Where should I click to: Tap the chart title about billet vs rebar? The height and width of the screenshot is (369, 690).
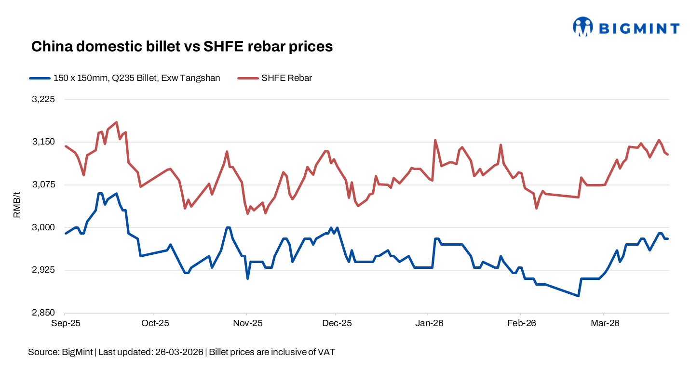point(182,47)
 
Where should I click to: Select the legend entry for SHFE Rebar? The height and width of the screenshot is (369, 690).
point(286,78)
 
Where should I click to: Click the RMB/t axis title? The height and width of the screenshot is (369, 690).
point(17,205)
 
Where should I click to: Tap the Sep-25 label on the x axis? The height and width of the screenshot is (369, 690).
point(66,323)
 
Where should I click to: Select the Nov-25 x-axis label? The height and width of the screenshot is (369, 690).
point(247,323)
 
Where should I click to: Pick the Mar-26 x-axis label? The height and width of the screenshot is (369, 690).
point(605,323)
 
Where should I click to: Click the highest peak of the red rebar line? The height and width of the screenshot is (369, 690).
point(116,122)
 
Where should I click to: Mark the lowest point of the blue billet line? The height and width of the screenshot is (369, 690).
point(578,296)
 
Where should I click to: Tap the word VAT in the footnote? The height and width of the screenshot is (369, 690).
point(326,352)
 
